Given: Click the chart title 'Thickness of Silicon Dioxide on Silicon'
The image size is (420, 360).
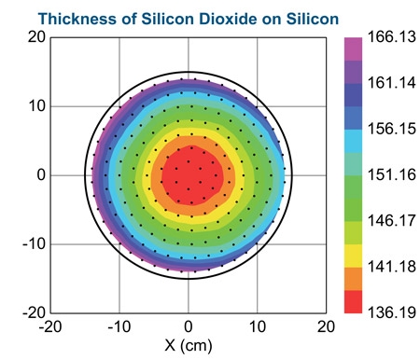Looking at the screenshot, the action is (x=189, y=19).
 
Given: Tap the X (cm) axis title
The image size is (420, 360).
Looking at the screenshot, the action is (x=189, y=345).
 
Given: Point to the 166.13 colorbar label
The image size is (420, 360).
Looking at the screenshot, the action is (x=392, y=36).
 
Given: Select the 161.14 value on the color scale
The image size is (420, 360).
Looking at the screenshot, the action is (x=392, y=83).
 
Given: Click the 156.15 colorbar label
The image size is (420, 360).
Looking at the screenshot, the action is (x=392, y=129).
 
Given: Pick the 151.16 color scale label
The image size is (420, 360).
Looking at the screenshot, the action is (x=392, y=174).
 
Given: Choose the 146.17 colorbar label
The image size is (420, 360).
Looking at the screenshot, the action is (x=392, y=220).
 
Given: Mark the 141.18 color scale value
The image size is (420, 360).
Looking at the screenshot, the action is (x=392, y=267).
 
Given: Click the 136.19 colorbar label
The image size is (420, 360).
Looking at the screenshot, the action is (x=392, y=312).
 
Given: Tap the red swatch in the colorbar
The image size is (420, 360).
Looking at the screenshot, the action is (x=353, y=302).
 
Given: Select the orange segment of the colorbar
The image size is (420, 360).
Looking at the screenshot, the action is (x=353, y=279).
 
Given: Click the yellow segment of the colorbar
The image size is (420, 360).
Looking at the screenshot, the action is (x=353, y=256).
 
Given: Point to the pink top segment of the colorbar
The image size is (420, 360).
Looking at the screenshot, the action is (x=353, y=49).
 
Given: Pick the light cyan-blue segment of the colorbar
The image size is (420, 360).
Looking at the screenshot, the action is (x=353, y=141).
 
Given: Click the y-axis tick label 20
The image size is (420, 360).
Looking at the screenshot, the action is (x=36, y=37).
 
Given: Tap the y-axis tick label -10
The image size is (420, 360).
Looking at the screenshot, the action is (x=34, y=244).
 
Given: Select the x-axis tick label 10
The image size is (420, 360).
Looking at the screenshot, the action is (x=258, y=326).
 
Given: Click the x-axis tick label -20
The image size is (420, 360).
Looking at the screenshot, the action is (x=50, y=326).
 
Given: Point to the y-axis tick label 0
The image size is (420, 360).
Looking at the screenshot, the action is (x=41, y=175).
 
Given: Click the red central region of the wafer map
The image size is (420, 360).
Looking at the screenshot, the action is (x=192, y=175).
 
